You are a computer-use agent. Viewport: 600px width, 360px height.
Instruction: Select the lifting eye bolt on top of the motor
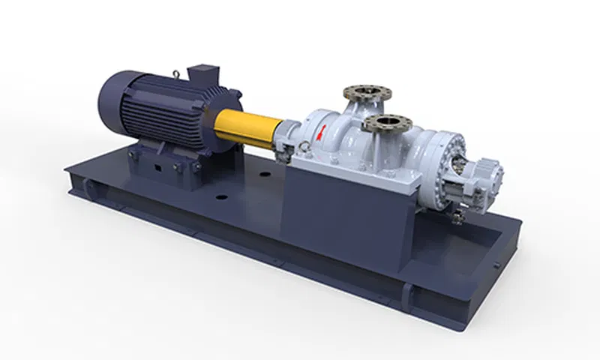pos(175,73)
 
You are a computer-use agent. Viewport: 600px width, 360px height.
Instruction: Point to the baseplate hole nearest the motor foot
pos(220,199)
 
